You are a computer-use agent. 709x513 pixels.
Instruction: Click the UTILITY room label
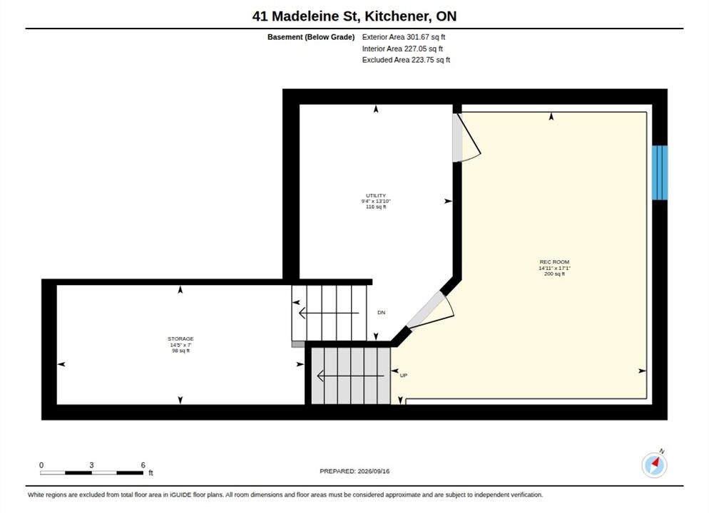click(376, 195)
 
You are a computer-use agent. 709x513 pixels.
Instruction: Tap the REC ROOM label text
click(554, 262)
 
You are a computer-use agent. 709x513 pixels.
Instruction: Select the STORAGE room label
click(180, 338)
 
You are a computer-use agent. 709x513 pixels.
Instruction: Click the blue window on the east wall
click(660, 172)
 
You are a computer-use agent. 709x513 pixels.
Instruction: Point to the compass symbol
click(654, 465)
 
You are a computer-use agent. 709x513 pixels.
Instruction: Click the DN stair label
click(381, 313)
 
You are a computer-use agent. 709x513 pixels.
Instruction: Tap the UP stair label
click(404, 375)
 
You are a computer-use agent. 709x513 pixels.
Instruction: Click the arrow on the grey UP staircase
click(350, 375)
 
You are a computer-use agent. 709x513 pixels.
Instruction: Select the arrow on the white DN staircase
click(329, 313)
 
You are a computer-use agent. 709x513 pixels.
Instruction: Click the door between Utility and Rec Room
click(466, 138)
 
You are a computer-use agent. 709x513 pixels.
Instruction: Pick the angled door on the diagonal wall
click(429, 311)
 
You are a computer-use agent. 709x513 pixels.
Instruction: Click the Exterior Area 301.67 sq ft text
click(403, 37)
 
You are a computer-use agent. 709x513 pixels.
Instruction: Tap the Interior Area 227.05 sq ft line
click(402, 48)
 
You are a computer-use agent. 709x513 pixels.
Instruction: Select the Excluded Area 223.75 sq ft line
click(406, 60)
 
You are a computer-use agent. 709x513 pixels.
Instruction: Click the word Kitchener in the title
click(397, 16)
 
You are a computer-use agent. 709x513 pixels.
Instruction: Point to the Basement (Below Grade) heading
click(311, 37)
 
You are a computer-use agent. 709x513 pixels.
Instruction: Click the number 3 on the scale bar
click(91, 465)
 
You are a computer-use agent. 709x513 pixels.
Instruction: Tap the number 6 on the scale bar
click(143, 465)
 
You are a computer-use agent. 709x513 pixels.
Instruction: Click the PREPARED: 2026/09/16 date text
click(354, 471)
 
